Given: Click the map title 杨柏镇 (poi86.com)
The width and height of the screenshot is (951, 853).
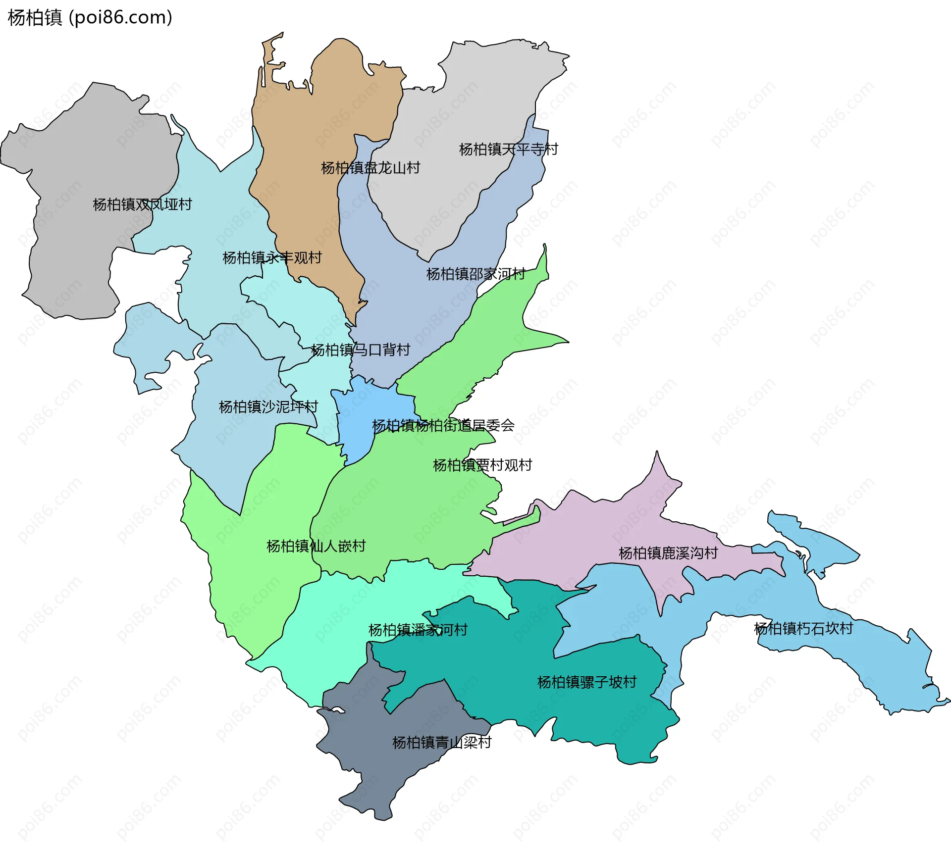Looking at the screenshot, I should (x=90, y=18).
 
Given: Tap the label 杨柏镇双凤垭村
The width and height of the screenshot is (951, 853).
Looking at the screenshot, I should (x=142, y=204).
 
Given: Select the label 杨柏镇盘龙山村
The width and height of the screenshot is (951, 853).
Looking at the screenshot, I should (x=370, y=168).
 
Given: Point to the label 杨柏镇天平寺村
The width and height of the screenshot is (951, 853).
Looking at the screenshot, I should (x=508, y=150).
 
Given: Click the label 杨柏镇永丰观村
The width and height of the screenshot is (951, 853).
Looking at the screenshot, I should (x=272, y=258).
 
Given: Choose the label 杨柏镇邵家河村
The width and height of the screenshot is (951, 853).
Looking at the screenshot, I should (x=475, y=274).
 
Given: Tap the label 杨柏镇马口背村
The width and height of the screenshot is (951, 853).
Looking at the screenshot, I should (x=361, y=351).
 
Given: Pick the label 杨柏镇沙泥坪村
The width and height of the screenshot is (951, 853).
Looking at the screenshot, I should (x=268, y=407).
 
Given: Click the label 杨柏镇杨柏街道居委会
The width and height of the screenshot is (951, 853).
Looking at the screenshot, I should (x=443, y=426).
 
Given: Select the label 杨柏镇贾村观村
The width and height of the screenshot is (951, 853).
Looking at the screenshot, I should (x=482, y=465).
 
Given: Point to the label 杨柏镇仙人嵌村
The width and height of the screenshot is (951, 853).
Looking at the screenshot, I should (x=316, y=547).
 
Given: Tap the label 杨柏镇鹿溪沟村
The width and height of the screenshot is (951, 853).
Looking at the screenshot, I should (x=668, y=553).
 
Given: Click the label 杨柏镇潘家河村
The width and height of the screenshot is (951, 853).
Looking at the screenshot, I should (x=418, y=630).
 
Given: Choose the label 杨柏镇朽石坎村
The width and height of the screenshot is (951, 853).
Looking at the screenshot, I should (x=803, y=629).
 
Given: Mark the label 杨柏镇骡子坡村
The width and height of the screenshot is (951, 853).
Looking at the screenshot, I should (x=586, y=683).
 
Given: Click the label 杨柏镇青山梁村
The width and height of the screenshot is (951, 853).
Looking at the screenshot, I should (x=441, y=743).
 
